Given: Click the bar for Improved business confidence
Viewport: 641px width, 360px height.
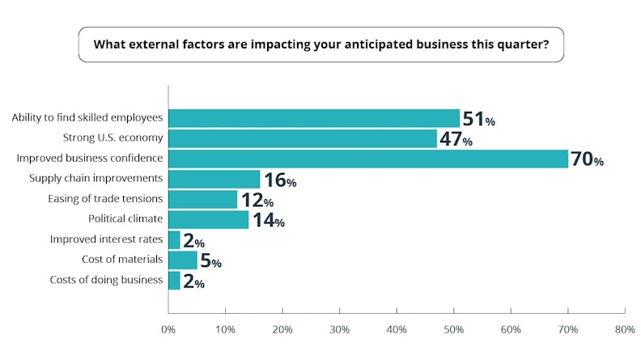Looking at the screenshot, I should click(368, 159).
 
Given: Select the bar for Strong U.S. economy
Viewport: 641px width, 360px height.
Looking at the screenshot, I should click(303, 138).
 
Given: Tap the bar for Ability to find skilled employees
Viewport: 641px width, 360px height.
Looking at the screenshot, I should click(314, 119).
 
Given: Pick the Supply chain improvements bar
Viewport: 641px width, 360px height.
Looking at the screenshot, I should click(214, 179).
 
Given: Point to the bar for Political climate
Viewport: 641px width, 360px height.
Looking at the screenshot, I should click(209, 219).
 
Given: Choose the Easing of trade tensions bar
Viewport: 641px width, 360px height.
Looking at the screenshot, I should click(203, 199).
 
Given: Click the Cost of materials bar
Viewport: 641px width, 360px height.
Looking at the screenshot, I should click(183, 260).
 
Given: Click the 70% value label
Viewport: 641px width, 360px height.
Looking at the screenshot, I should click(587, 159).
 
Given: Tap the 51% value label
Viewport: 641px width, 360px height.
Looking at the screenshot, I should click(478, 120).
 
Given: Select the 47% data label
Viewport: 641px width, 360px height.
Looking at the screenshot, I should click(456, 139).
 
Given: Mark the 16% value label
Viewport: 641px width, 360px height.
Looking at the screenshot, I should click(279, 180).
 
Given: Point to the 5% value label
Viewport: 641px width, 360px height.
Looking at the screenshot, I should click(210, 260).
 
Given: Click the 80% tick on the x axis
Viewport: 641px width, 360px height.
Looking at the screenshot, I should click(624, 329).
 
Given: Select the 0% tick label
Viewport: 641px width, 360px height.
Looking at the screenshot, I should click(168, 329).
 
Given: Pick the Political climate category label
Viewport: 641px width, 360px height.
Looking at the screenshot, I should click(125, 219).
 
